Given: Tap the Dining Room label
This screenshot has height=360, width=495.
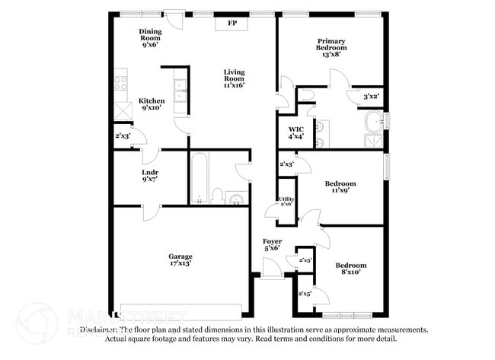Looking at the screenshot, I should pyautogui.click(x=149, y=38).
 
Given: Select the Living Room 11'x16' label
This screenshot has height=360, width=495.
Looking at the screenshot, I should pyautogui.click(x=234, y=79).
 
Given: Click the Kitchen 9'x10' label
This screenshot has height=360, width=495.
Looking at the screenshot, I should pyautogui.click(x=151, y=105).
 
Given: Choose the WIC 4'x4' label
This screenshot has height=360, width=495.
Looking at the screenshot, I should pyautogui.click(x=295, y=133).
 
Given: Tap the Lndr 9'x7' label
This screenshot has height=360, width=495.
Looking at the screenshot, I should pyautogui.click(x=149, y=176).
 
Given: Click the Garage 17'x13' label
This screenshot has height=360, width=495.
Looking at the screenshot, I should pyautogui.click(x=180, y=260).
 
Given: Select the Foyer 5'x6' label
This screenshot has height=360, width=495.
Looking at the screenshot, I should pyautogui.click(x=272, y=245).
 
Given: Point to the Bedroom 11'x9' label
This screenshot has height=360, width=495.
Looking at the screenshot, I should pyautogui.click(x=340, y=187).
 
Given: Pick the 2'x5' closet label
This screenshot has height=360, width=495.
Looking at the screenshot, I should pyautogui.click(x=305, y=293).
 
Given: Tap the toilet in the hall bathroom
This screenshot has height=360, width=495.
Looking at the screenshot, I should pyautogui.click(x=217, y=196).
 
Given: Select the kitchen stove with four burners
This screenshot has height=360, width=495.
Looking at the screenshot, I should pyautogui.click(x=121, y=81).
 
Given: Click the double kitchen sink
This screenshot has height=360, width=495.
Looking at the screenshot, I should pyautogui.click(x=180, y=91).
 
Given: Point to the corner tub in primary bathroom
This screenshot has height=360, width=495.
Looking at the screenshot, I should pyautogui.click(x=373, y=121).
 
